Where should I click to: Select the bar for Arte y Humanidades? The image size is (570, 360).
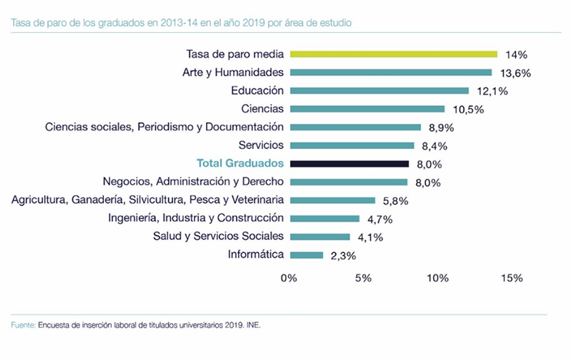click(x=390, y=72)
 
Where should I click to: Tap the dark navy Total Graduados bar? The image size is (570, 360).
click(x=349, y=164)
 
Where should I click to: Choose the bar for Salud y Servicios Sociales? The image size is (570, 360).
click(x=320, y=237)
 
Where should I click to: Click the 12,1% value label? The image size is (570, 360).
click(x=489, y=91)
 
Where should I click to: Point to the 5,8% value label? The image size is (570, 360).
click(x=396, y=201)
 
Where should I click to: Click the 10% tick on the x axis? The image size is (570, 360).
click(x=437, y=278)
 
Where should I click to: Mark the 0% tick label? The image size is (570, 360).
click(x=289, y=278)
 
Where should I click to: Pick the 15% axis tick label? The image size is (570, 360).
click(x=512, y=278)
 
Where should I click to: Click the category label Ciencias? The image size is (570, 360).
click(x=263, y=108)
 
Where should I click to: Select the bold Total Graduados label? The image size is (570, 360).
click(x=240, y=163)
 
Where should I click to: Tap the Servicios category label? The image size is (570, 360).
click(x=259, y=145)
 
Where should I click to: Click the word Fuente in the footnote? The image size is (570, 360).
click(x=23, y=325)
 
